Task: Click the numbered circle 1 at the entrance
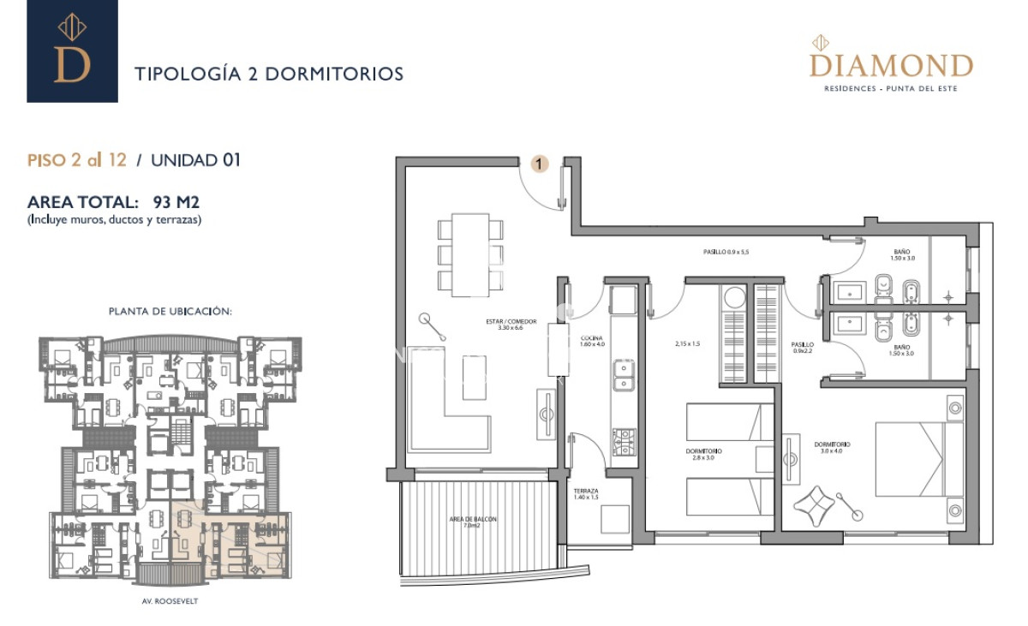pyautogui.click(x=540, y=164)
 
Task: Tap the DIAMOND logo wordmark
pyautogui.click(x=891, y=66)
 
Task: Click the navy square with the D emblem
pyautogui.click(x=72, y=51)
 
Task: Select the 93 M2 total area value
pyautogui.click(x=176, y=203)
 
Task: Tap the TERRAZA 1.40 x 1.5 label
pyautogui.click(x=587, y=495)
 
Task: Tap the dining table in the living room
pyautogui.click(x=470, y=255)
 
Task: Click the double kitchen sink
pyautogui.click(x=623, y=373)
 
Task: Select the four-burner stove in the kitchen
pyautogui.click(x=623, y=441)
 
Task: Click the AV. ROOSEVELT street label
pyautogui.click(x=170, y=601)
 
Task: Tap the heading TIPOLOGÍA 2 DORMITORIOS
pyautogui.click(x=269, y=75)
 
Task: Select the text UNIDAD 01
pyautogui.click(x=196, y=160)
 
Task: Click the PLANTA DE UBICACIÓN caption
pyautogui.click(x=170, y=311)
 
